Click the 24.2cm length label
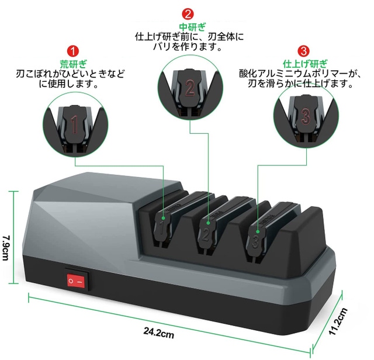(x=159, y=334)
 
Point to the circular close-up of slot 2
(x=189, y=88)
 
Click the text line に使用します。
(x=72, y=85)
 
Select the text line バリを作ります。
(x=189, y=47)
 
